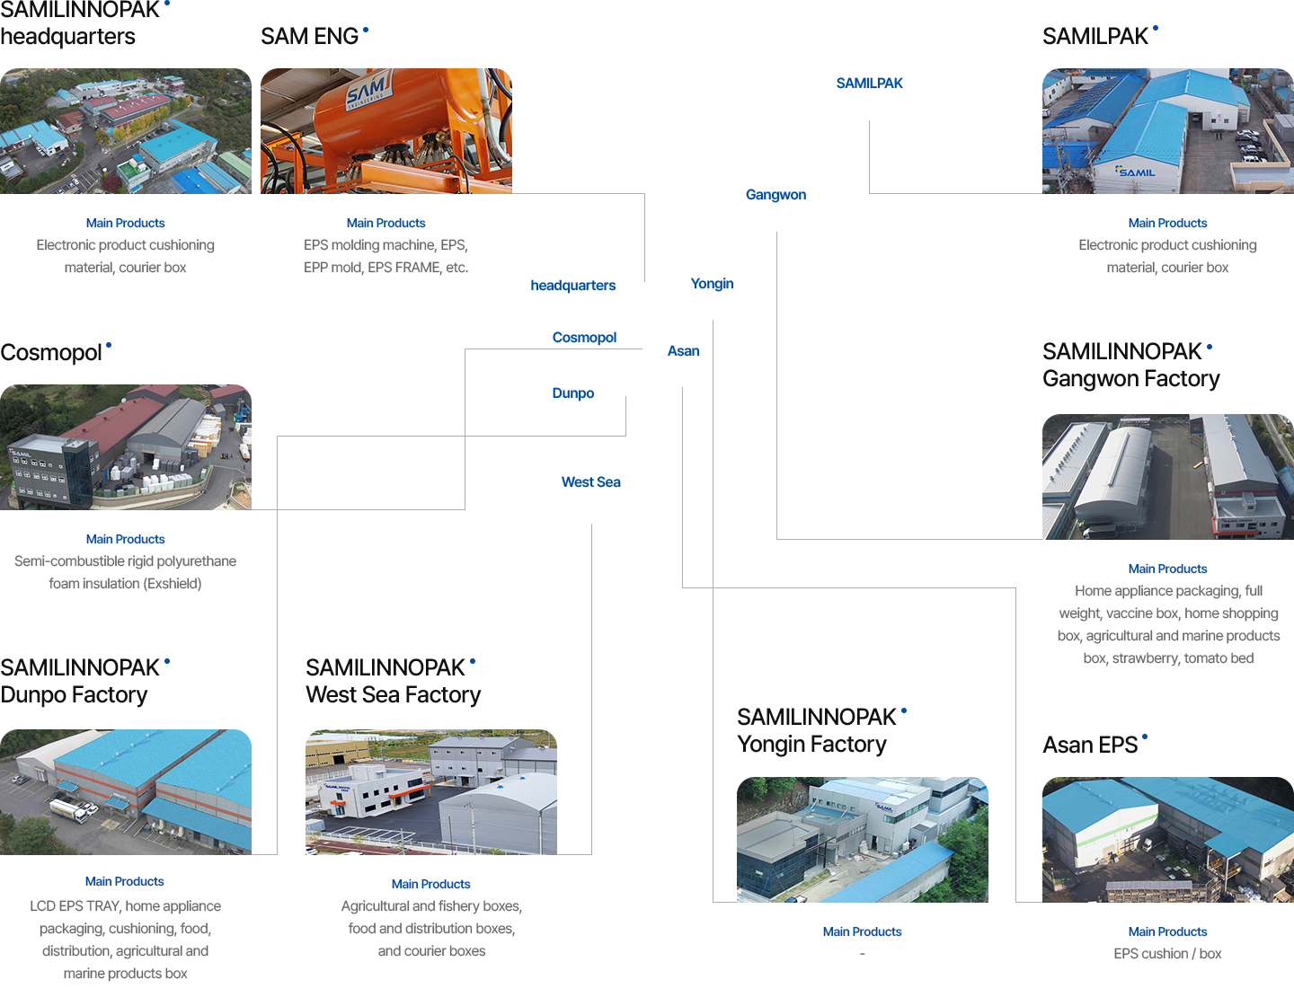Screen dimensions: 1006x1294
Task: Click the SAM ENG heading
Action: tap(310, 36)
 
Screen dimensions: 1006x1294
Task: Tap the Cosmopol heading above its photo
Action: tap(51, 353)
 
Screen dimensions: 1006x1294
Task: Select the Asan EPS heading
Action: tap(1090, 745)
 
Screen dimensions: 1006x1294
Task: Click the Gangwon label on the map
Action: tap(776, 195)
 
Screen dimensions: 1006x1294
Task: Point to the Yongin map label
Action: tap(712, 284)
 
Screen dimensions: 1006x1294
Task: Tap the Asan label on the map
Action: tap(683, 351)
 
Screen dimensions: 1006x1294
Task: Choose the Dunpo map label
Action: tap(572, 393)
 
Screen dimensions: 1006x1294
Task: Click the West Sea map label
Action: tap(590, 482)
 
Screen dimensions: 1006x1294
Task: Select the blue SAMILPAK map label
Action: tap(869, 84)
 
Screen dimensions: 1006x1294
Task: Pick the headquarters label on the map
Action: tap(572, 286)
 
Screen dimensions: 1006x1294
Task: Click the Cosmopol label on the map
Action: tap(584, 338)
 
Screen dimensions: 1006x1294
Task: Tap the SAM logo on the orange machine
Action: tap(368, 92)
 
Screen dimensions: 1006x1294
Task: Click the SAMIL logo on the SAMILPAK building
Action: tap(1136, 172)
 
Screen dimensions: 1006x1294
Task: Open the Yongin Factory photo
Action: tap(862, 839)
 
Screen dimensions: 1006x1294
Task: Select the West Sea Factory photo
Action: tap(430, 791)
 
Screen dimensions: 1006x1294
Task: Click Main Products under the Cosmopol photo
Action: tap(125, 539)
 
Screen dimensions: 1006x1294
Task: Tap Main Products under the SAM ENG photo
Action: tap(386, 223)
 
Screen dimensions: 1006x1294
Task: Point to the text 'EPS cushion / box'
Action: tap(1167, 954)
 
